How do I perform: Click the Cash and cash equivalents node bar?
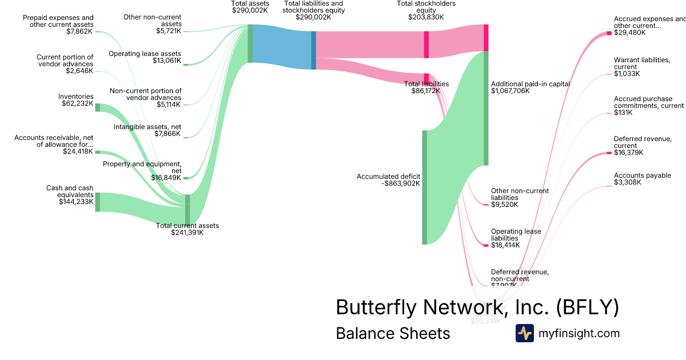tap(97, 202)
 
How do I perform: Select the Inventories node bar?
tap(97, 107)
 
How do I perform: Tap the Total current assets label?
tap(188, 226)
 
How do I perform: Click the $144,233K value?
tap(76, 201)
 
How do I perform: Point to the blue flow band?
tap(281, 47)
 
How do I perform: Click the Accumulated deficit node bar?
tap(425, 187)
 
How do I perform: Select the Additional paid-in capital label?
tap(531, 83)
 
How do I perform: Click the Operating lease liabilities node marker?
tap(486, 245)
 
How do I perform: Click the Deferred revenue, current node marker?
tap(609, 153)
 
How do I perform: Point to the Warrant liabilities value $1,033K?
tap(627, 74)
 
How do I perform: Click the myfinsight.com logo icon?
tap(524, 333)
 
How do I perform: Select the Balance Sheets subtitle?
tap(393, 333)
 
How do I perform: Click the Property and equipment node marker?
tap(186, 178)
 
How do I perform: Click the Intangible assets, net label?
tap(147, 127)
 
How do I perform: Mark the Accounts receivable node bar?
tap(97, 152)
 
